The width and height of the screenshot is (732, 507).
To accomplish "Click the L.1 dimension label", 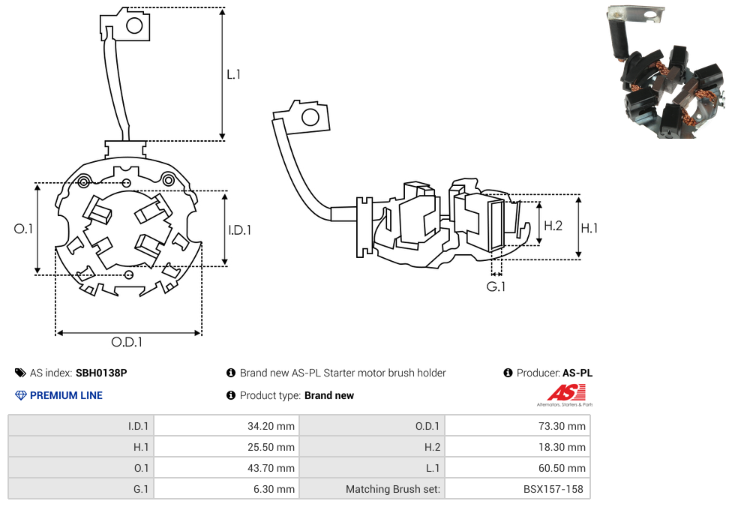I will click(233, 75).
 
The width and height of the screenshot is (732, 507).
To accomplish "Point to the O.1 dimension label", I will click(24, 229).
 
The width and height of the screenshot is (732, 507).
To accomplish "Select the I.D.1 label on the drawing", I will click(240, 230).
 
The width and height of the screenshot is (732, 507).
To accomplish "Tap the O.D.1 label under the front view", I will click(127, 343).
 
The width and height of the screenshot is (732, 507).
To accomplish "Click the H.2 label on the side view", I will click(553, 226).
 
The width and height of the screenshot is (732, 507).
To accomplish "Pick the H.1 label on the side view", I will click(589, 228).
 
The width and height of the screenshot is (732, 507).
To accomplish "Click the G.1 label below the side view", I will click(496, 287).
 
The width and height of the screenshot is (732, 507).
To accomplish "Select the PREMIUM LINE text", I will click(66, 395).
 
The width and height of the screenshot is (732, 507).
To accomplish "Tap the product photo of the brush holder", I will click(664, 75).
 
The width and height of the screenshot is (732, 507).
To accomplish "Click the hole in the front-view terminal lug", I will click(134, 26).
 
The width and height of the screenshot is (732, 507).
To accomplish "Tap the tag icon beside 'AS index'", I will click(20, 373).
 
